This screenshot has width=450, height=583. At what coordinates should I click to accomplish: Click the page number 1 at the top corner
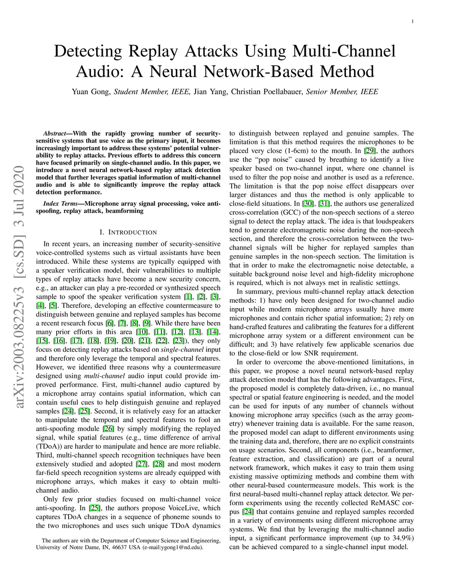click(414, 21)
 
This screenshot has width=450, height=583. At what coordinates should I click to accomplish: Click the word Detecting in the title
click(87, 51)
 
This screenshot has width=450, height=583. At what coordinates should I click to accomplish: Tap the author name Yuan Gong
click(91, 92)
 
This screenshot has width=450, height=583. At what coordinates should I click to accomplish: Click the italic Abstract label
click(55, 133)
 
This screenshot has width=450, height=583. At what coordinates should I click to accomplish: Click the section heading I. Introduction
click(128, 232)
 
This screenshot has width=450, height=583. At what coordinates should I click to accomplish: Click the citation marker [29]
click(369, 151)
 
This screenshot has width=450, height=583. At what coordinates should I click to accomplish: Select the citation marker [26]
click(108, 429)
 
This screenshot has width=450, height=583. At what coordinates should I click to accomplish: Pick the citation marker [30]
click(308, 204)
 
